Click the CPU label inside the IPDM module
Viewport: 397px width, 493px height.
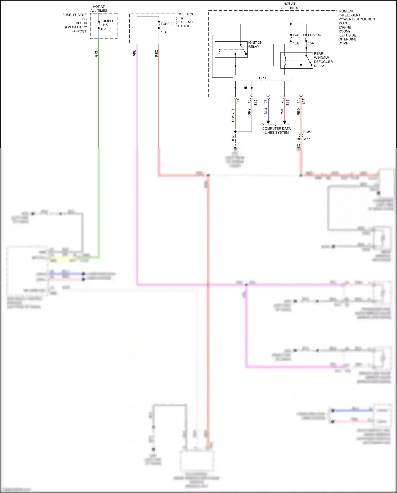[x=263, y=78]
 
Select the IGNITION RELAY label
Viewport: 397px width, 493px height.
[x=255, y=45]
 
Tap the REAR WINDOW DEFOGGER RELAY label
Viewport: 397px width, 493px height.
[x=323, y=60]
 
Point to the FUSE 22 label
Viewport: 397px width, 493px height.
[x=167, y=24]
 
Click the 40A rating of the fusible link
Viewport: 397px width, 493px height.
[x=103, y=29]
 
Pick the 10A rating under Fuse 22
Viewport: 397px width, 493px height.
[x=164, y=32]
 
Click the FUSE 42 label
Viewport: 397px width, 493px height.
[x=315, y=35]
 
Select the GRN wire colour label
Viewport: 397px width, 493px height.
[x=96, y=53]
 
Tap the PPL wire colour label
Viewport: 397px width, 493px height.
[x=134, y=53]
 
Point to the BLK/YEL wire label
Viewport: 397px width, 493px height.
[x=233, y=115]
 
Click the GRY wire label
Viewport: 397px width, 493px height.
[x=249, y=112]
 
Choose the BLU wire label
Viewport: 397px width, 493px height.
[x=266, y=111]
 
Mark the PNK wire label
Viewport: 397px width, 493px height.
[x=282, y=112]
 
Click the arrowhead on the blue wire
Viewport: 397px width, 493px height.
[x=268, y=122]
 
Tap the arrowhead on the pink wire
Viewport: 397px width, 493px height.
[x=285, y=122]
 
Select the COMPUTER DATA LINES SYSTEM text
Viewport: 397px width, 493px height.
[x=277, y=130]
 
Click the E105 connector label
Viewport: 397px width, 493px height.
[x=306, y=132]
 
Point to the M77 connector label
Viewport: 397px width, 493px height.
[x=306, y=139]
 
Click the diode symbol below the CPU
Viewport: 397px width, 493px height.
[x=245, y=88]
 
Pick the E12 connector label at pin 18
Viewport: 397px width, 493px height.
[x=255, y=103]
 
